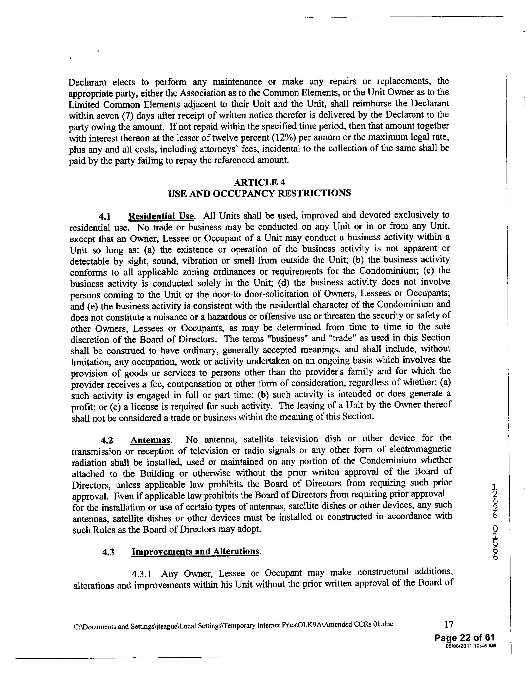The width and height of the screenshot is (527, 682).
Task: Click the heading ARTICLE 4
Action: pyautogui.click(x=259, y=182)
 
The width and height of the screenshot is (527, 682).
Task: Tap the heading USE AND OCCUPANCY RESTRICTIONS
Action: pyautogui.click(x=259, y=193)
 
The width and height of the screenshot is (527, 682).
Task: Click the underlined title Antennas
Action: pyautogui.click(x=150, y=440)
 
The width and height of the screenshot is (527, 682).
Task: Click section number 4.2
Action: pyautogui.click(x=107, y=441)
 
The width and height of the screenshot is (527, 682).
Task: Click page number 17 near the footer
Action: pyautogui.click(x=449, y=625)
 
